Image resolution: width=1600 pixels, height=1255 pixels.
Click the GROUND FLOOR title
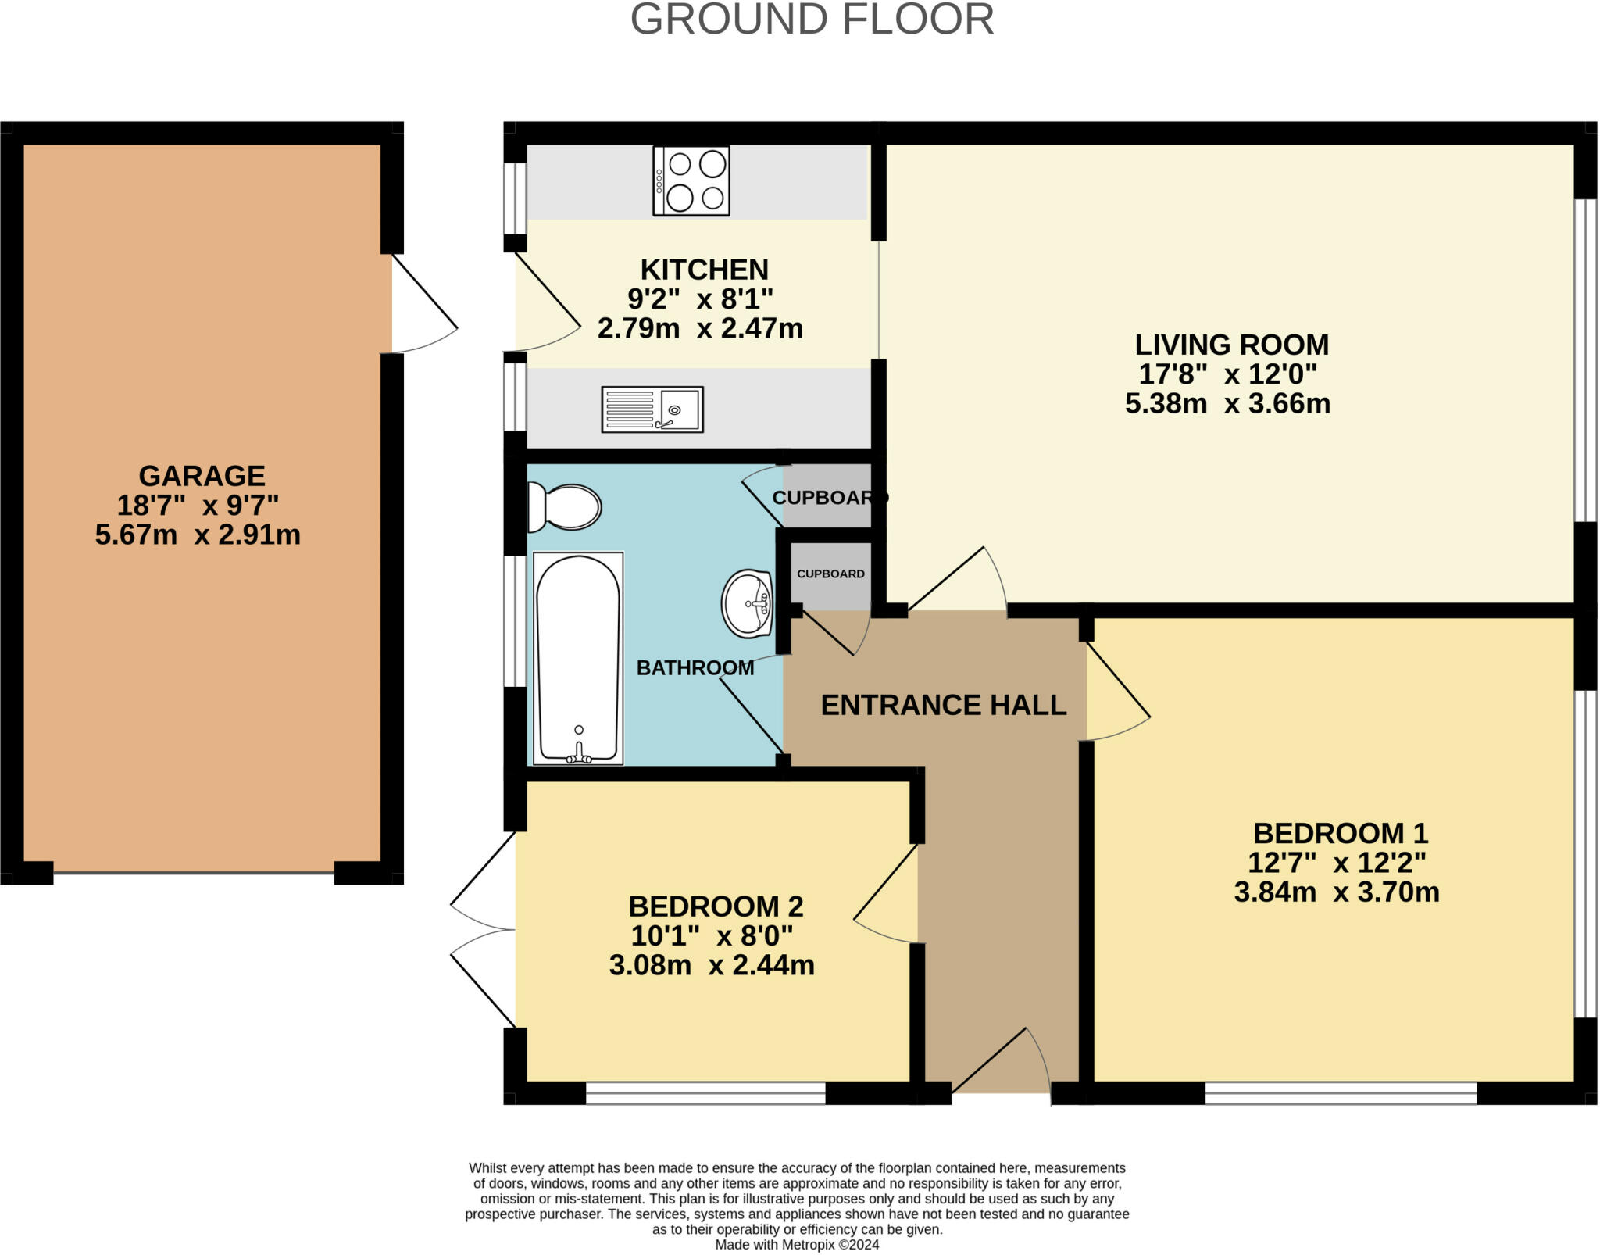812,19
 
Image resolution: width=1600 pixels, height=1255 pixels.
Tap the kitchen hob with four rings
691,181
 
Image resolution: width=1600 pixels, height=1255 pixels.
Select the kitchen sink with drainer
652,409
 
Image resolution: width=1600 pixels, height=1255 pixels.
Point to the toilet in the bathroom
564,506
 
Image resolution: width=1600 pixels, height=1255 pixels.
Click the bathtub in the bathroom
578,658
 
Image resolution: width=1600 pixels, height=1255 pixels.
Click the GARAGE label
202,476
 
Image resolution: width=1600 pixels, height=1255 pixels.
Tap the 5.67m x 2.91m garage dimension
198,535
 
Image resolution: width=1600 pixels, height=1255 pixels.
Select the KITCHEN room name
704,270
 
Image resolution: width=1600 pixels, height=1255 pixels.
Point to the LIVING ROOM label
1231,345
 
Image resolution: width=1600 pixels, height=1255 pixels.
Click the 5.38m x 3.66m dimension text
1227,403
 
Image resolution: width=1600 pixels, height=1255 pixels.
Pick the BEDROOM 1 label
1341,833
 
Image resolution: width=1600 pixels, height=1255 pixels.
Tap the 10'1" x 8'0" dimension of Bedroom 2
712,935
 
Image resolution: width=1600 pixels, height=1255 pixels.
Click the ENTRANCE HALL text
944,705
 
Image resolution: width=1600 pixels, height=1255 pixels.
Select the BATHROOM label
695,667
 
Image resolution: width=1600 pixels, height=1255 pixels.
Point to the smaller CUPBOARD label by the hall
830,574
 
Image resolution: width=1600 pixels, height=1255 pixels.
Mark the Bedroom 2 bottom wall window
705,1093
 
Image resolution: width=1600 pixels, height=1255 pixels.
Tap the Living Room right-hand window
1585,359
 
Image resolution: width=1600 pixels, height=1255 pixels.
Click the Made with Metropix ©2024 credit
797,1245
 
